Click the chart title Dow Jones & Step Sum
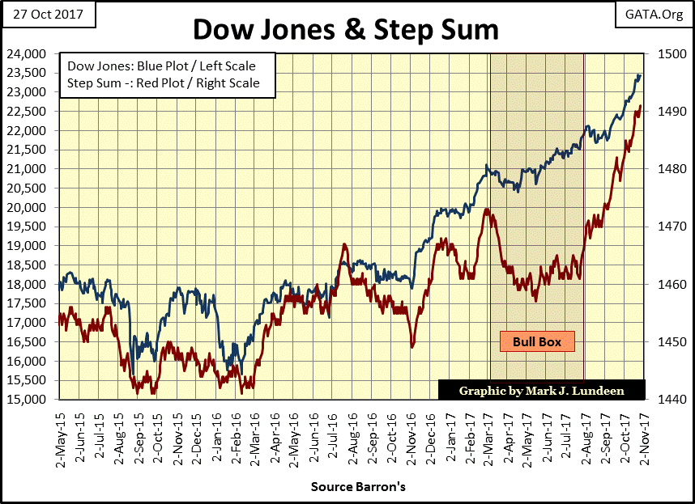click(345, 30)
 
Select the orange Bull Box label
click(536, 341)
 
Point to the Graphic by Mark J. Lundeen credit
click(542, 390)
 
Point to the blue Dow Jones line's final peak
click(639, 75)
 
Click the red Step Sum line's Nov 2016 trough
click(412, 347)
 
